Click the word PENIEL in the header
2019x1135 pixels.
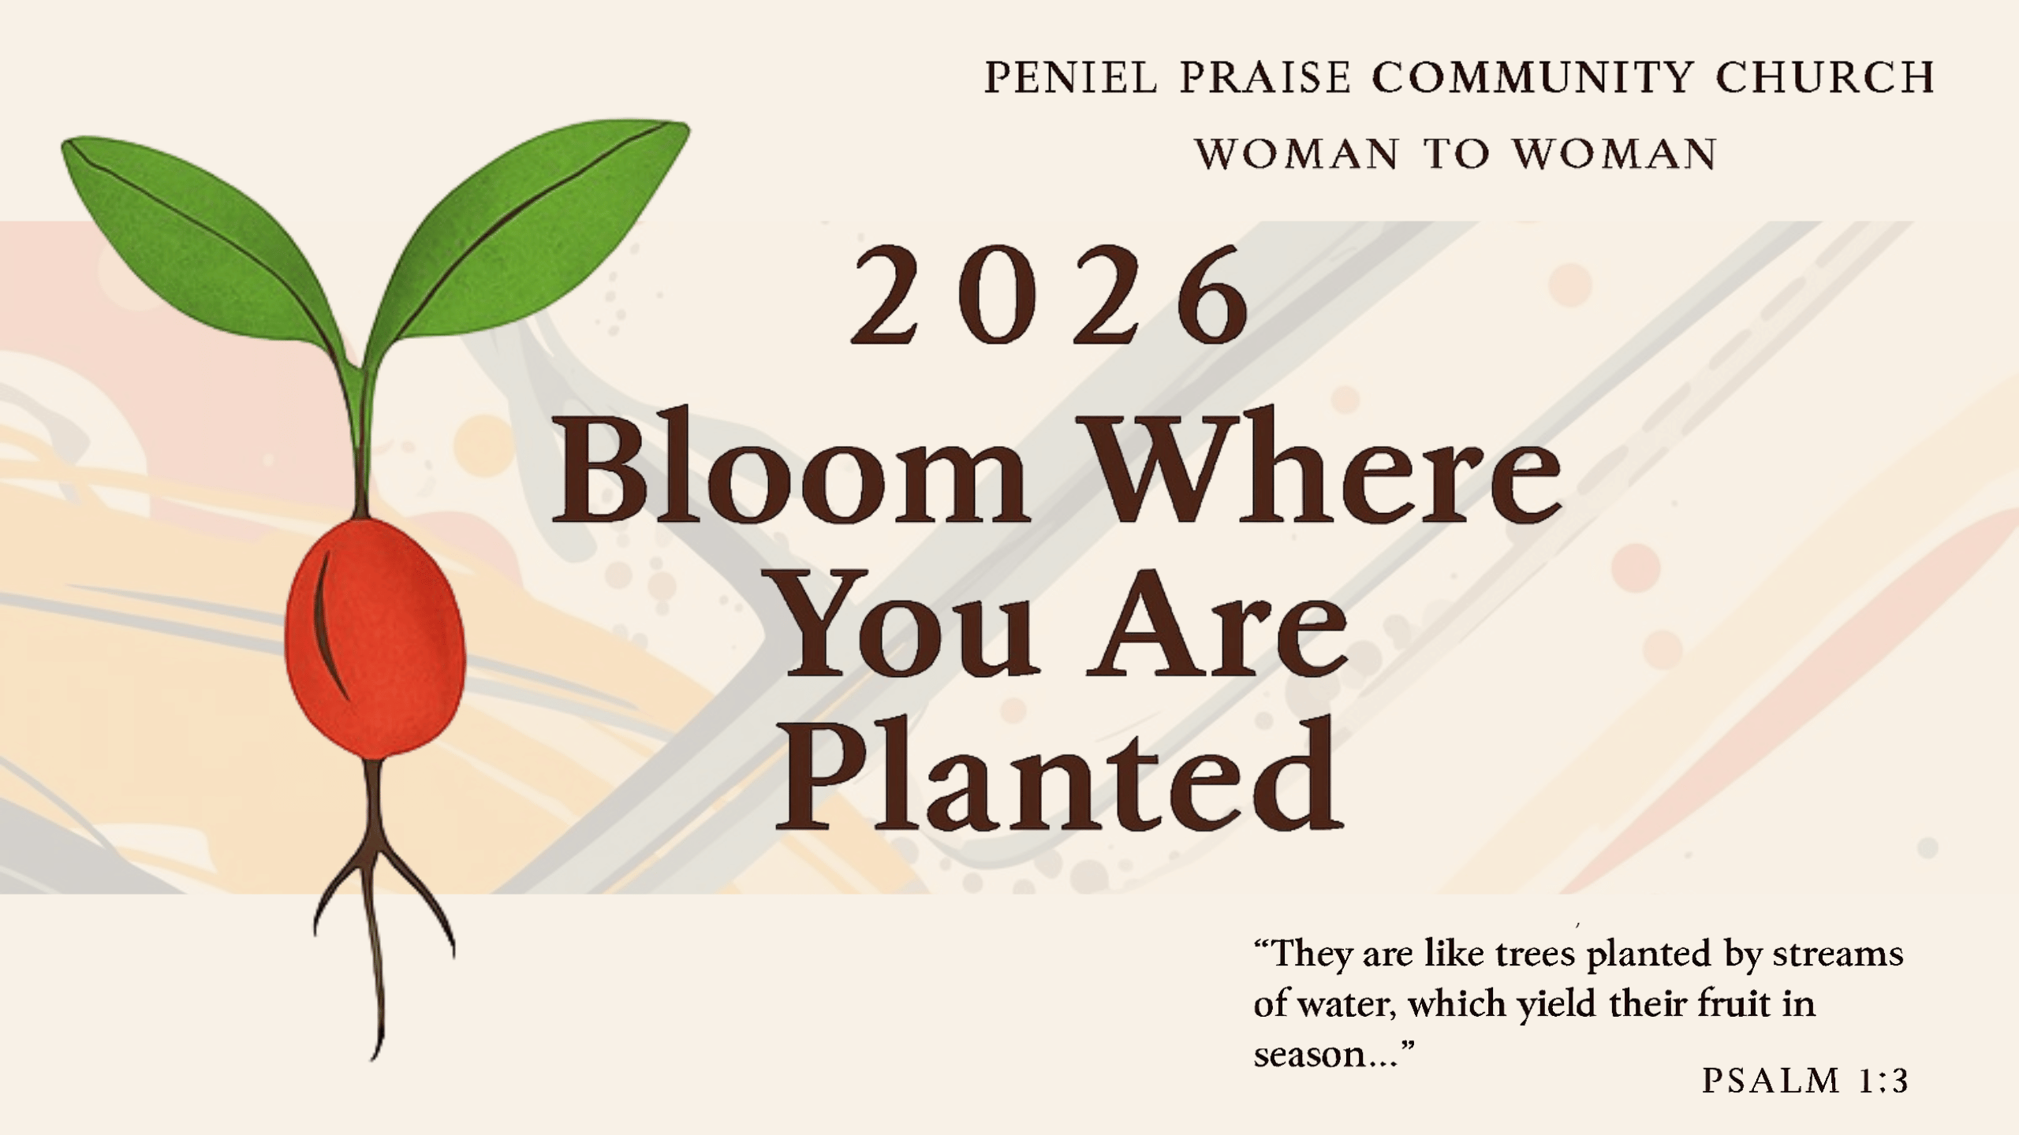pyautogui.click(x=1072, y=78)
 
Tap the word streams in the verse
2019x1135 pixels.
pyautogui.click(x=1838, y=955)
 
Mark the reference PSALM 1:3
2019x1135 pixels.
pyautogui.click(x=1805, y=1081)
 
